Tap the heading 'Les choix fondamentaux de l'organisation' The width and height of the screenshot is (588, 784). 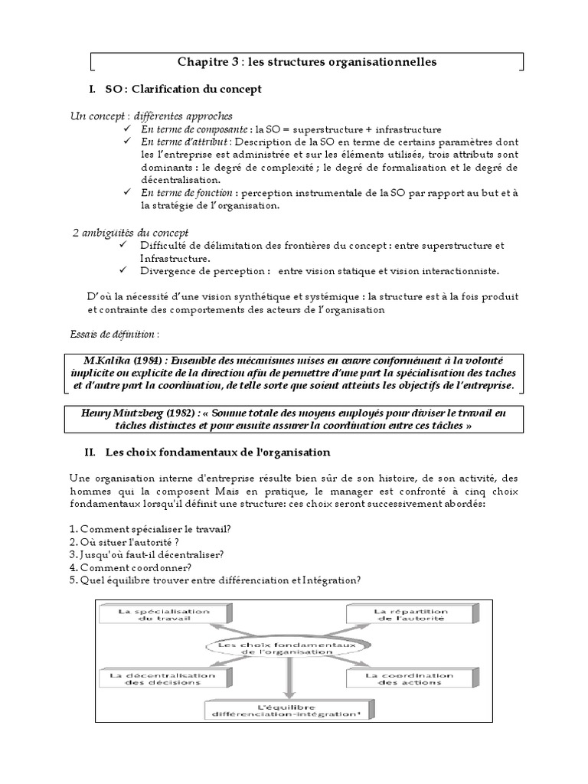point(217,452)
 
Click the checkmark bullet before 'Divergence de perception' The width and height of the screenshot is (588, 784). point(126,270)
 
